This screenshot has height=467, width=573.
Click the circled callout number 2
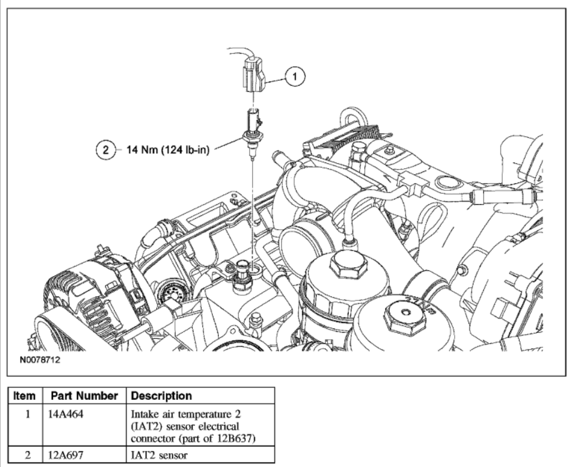(106, 149)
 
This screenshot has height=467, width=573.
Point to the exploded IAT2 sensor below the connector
(251, 132)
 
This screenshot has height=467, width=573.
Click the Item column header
(25, 396)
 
